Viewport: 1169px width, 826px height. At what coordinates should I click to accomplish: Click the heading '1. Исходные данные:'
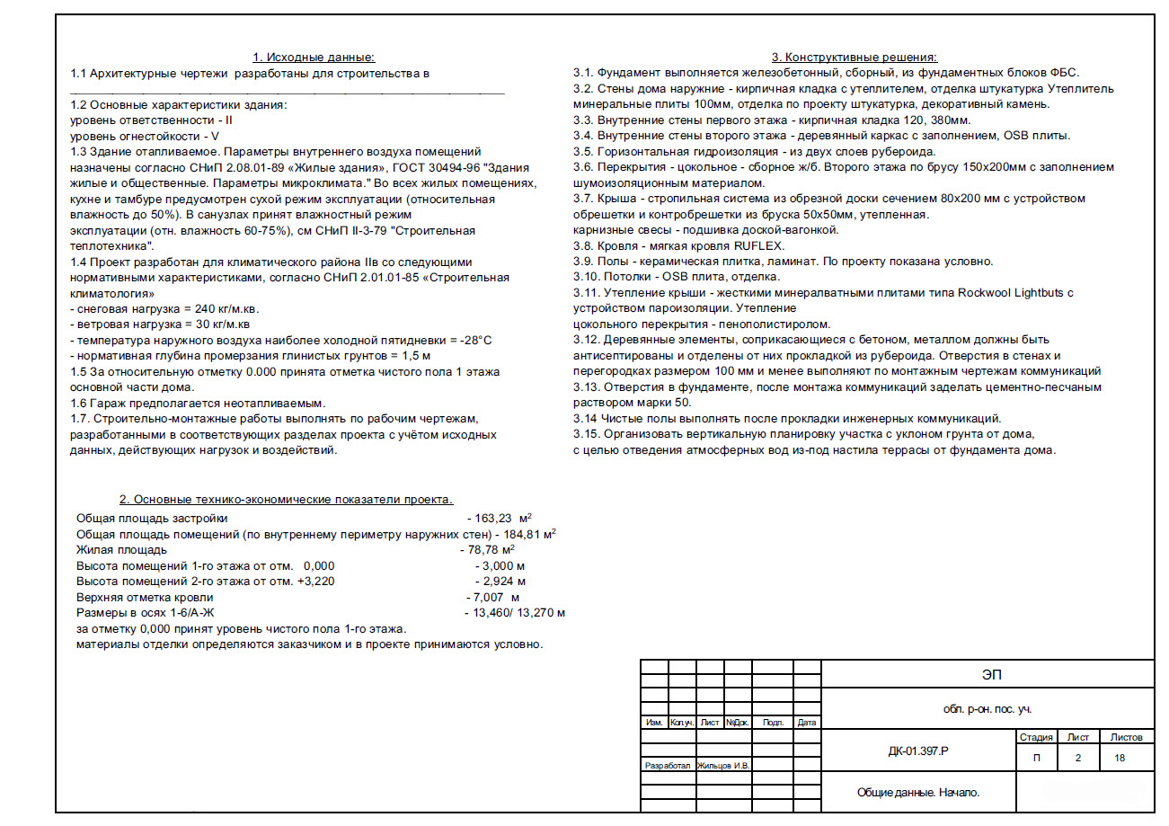(314, 57)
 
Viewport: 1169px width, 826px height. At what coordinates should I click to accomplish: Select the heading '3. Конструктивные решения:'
(854, 57)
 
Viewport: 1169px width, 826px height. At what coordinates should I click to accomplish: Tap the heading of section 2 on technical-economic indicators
(287, 499)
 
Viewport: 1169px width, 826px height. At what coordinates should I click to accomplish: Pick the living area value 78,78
(484, 549)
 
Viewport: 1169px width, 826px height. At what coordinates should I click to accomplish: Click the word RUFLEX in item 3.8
(757, 245)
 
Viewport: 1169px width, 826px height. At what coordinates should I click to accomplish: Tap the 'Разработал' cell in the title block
(667, 766)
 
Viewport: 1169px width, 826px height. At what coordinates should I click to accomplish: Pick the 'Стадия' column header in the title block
(1036, 737)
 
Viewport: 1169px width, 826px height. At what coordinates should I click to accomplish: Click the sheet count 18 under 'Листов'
(1120, 758)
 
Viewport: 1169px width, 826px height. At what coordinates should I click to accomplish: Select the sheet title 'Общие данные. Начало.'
(918, 792)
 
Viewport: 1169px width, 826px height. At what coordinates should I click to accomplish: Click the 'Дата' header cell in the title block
(807, 723)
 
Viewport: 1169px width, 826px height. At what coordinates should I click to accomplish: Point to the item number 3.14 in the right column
(587, 418)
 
